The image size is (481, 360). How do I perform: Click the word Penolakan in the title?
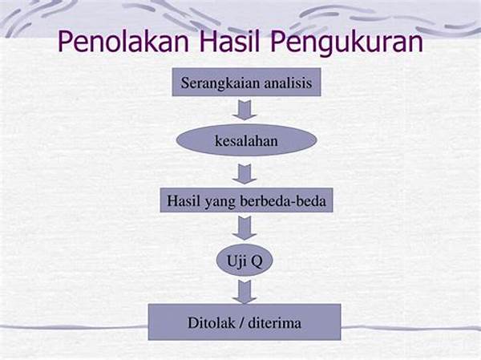pos(123,42)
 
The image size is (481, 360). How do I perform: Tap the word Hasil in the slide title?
pos(230,42)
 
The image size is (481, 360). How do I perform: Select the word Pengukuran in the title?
pos(346,43)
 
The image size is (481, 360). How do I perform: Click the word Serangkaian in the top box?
pos(220,83)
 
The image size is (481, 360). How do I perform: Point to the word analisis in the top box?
pos(288,83)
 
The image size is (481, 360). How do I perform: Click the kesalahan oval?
pos(246,140)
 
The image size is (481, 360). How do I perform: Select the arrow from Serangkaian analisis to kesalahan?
pos(245,110)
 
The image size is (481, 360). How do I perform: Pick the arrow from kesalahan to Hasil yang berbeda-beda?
pos(245,174)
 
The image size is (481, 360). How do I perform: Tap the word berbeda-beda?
pos(283,201)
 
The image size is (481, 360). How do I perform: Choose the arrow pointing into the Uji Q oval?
pos(245,228)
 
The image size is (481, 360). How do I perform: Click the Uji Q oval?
pos(245,261)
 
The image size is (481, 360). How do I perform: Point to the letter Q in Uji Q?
pos(257,261)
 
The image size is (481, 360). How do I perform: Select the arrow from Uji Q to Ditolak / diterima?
pos(245,292)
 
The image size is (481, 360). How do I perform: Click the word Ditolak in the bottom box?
pos(211,323)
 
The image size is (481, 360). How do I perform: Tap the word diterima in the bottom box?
pos(274,323)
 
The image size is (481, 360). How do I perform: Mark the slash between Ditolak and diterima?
pos(241,323)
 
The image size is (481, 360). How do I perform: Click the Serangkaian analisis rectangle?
pos(246,83)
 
